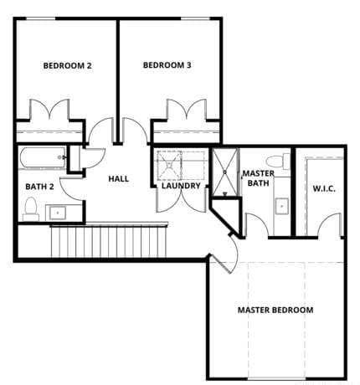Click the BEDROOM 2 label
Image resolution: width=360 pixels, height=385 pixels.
pyautogui.click(x=67, y=65)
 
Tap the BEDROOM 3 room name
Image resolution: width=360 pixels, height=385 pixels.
pyautogui.click(x=167, y=65)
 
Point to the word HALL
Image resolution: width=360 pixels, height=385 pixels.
pyautogui.click(x=117, y=178)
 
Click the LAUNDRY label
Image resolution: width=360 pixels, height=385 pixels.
pyautogui.click(x=181, y=186)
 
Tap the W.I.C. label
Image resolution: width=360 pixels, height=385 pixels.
pyautogui.click(x=323, y=188)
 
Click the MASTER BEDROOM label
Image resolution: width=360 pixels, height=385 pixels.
pyautogui.click(x=275, y=310)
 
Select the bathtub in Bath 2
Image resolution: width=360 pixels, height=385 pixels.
pyautogui.click(x=41, y=156)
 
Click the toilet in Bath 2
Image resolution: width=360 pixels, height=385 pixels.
pyautogui.click(x=31, y=208)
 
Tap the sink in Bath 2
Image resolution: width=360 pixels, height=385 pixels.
pyautogui.click(x=57, y=213)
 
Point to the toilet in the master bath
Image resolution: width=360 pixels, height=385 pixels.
pyautogui.click(x=275, y=161)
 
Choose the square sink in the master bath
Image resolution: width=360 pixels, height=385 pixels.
pyautogui.click(x=281, y=204)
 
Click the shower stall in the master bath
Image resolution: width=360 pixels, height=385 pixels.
pyautogui.click(x=224, y=172)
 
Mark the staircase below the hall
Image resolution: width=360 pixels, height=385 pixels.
pyautogui.click(x=108, y=241)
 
